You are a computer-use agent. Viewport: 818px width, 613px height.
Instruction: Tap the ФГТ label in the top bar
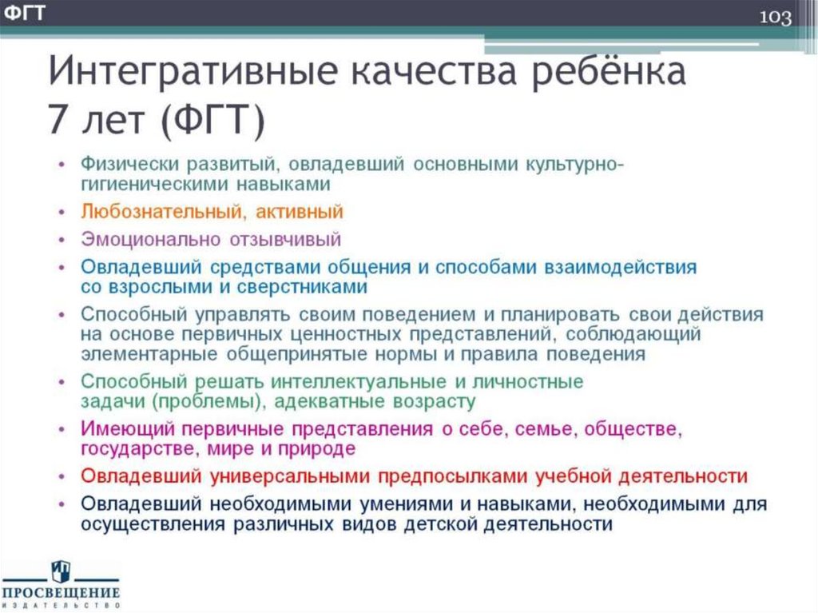click(x=23, y=12)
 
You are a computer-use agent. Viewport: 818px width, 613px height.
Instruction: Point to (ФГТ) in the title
click(x=212, y=121)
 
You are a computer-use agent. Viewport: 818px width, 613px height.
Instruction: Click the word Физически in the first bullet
click(x=129, y=164)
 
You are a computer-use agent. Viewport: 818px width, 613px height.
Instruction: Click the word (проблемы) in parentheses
click(x=203, y=401)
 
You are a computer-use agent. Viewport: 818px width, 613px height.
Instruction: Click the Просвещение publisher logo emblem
click(x=60, y=571)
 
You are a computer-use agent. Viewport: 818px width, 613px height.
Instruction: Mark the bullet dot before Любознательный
click(x=63, y=213)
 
